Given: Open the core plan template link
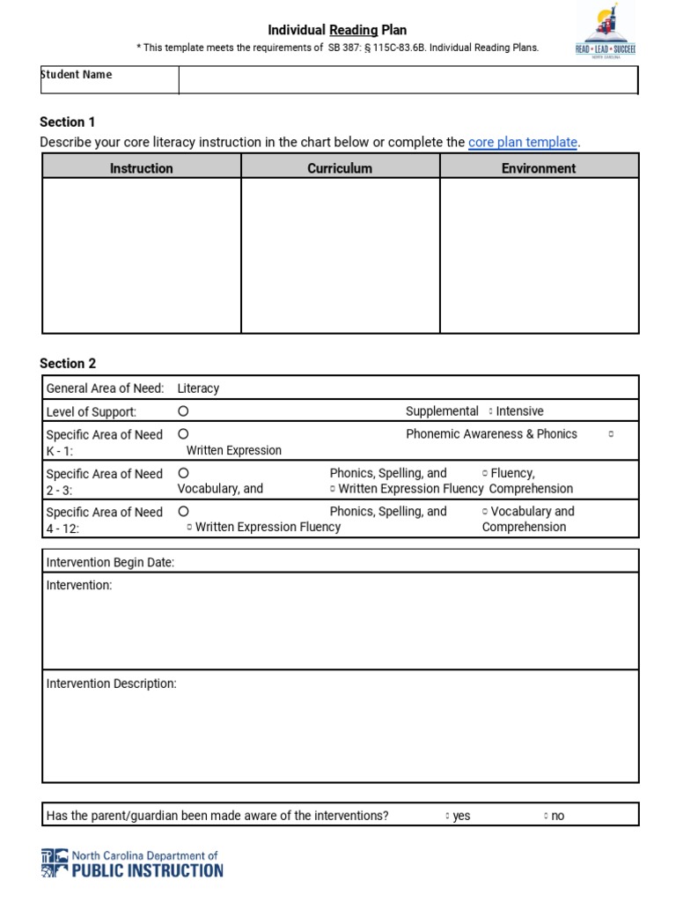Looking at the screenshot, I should tap(523, 142).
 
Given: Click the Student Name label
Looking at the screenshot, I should tap(77, 75).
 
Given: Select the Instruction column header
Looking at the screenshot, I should tap(142, 167).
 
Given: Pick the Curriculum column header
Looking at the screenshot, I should tap(340, 167).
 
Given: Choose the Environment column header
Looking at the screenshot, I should tap(539, 167).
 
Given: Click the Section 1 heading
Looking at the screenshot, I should tap(69, 122).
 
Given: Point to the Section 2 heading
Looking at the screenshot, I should tap(69, 363).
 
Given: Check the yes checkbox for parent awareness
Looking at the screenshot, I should tap(448, 817).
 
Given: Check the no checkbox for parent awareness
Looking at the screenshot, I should tap(546, 817).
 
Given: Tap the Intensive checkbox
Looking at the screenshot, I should tap(490, 411).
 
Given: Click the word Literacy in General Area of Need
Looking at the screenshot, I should tap(198, 388).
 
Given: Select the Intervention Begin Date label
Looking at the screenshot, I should tap(110, 562).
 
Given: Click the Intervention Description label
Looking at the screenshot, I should tap(111, 684).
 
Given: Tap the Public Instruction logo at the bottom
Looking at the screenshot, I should tap(132, 863).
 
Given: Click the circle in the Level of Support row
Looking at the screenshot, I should tap(183, 411).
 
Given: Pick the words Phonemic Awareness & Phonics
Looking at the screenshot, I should tap(491, 433).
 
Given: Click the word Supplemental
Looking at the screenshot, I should tap(442, 411).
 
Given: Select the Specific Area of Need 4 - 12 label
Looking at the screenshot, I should tap(104, 519).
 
